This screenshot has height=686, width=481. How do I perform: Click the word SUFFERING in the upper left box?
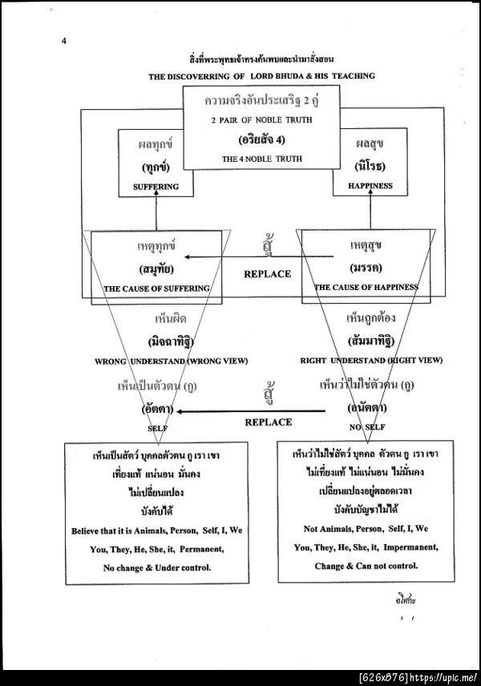(156, 187)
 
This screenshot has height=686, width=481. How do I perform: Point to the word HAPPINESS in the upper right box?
(370, 186)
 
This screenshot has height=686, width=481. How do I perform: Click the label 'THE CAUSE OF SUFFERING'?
(157, 288)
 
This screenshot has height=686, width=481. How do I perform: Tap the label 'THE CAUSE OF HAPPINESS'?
(366, 287)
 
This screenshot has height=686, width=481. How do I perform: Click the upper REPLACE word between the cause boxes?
(267, 274)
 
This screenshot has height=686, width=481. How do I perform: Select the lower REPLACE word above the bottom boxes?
(268, 422)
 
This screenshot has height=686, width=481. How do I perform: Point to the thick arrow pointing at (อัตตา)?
(240, 411)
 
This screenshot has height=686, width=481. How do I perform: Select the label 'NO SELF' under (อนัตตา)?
(367, 427)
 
